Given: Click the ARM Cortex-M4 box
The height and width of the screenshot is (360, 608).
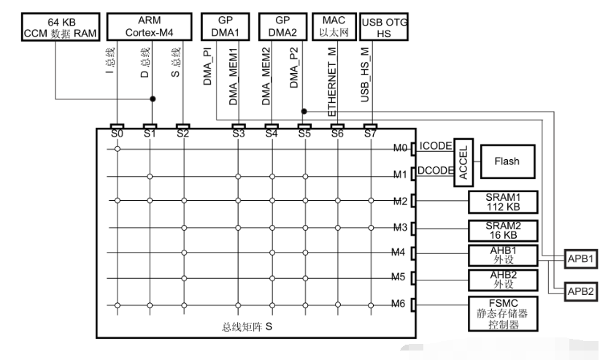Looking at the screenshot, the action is point(150,26).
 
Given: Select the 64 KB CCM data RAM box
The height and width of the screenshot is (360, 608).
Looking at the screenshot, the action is point(61,27).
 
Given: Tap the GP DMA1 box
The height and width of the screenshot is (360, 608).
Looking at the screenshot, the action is point(225,26).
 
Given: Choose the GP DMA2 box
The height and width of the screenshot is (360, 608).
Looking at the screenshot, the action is point(282,26).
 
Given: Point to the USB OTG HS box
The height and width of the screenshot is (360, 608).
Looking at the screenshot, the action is point(383,27).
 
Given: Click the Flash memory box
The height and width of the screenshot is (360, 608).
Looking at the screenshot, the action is point(507,161).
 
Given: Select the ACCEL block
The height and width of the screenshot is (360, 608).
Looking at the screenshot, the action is point(463,162).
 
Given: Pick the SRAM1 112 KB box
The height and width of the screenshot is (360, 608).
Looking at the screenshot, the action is point(503,202).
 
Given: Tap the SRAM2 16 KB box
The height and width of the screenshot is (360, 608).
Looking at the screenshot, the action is point(503,231).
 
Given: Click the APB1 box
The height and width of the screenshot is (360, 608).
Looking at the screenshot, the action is point(580,258).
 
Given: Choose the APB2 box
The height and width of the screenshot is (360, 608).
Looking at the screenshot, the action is point(580,291).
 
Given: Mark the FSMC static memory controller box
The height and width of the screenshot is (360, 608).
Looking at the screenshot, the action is point(503,314).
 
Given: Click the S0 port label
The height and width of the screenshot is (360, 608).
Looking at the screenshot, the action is point(117,134).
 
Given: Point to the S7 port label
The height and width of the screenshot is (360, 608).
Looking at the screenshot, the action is point(370,134).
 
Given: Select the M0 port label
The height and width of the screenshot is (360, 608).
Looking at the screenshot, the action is point(400,148).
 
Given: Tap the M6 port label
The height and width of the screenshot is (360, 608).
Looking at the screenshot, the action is point(398,304).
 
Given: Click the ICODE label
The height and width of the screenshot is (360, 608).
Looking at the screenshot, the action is point(436,146).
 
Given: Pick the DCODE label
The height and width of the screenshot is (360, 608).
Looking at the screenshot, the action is point(436,170).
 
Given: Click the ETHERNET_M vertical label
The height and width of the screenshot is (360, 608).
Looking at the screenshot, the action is point(332,82).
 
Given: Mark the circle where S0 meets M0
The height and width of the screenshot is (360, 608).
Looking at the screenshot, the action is point(118,149).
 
